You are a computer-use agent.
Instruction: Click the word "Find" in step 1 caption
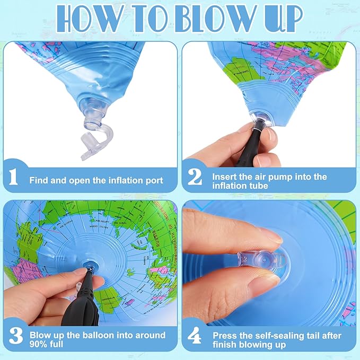coord(39,181)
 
